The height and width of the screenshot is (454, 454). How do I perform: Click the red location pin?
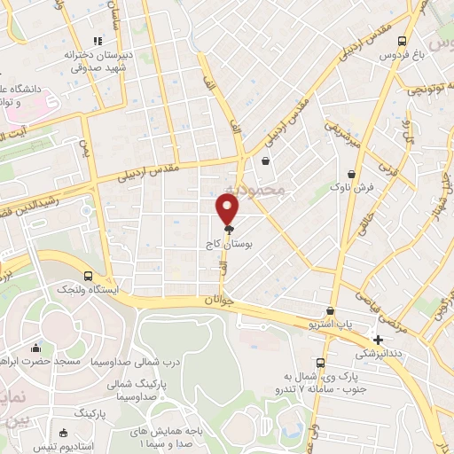click(x=228, y=208)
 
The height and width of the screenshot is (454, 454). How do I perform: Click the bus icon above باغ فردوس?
click(x=403, y=41)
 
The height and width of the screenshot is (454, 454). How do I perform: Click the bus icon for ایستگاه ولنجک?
click(x=88, y=275)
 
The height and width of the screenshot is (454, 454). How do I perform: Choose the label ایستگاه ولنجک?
click(x=88, y=290)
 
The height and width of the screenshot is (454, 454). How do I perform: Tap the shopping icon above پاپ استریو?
click(x=330, y=311)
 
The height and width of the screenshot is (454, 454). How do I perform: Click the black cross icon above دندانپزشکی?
click(x=379, y=340)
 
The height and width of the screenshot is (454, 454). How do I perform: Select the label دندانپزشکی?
click(x=377, y=353)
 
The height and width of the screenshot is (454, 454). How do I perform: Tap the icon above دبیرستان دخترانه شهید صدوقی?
click(x=98, y=40)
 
